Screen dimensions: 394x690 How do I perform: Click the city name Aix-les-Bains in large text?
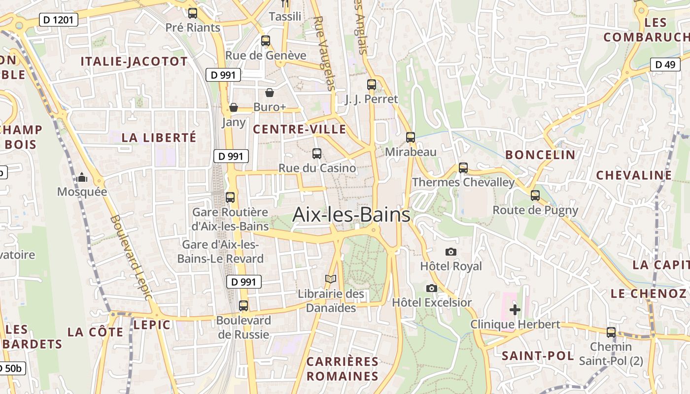(x=351, y=215)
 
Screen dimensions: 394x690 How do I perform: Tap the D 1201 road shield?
(x=58, y=20)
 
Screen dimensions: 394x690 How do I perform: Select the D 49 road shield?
(x=665, y=65)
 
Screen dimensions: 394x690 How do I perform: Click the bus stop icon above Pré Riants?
(x=193, y=13)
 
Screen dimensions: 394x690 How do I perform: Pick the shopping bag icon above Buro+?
(x=270, y=93)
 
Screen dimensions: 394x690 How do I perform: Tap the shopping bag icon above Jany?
(x=234, y=107)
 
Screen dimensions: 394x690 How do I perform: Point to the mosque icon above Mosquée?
(x=82, y=177)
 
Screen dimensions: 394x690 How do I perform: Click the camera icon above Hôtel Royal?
(x=450, y=252)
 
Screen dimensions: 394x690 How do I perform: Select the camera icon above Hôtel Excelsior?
(x=432, y=288)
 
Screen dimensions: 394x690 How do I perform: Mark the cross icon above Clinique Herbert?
(x=515, y=310)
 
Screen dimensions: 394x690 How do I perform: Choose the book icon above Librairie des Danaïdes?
(x=331, y=279)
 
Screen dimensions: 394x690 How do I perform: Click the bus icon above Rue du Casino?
(x=317, y=154)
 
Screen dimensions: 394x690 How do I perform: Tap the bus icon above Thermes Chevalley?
(x=463, y=168)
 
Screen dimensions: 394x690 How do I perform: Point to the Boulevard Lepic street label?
(x=131, y=257)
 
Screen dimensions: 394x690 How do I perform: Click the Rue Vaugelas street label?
(x=324, y=53)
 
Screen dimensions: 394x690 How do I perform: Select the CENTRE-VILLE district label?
(x=299, y=129)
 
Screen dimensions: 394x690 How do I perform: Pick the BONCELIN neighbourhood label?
(x=540, y=155)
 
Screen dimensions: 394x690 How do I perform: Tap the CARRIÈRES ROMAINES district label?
(x=343, y=369)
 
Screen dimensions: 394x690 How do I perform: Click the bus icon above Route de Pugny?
(x=535, y=196)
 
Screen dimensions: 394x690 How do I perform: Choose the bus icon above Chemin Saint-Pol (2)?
(x=611, y=332)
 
